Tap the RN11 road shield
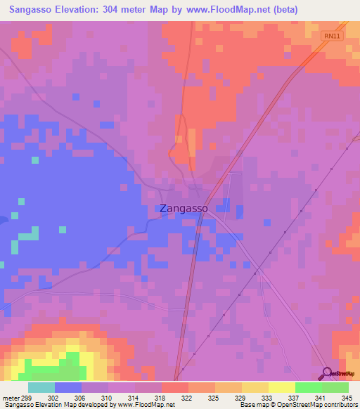(333, 35)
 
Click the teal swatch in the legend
(41, 387)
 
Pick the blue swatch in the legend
(68, 387)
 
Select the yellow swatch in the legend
(282, 387)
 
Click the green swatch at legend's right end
(335, 387)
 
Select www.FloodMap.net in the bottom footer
(146, 404)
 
